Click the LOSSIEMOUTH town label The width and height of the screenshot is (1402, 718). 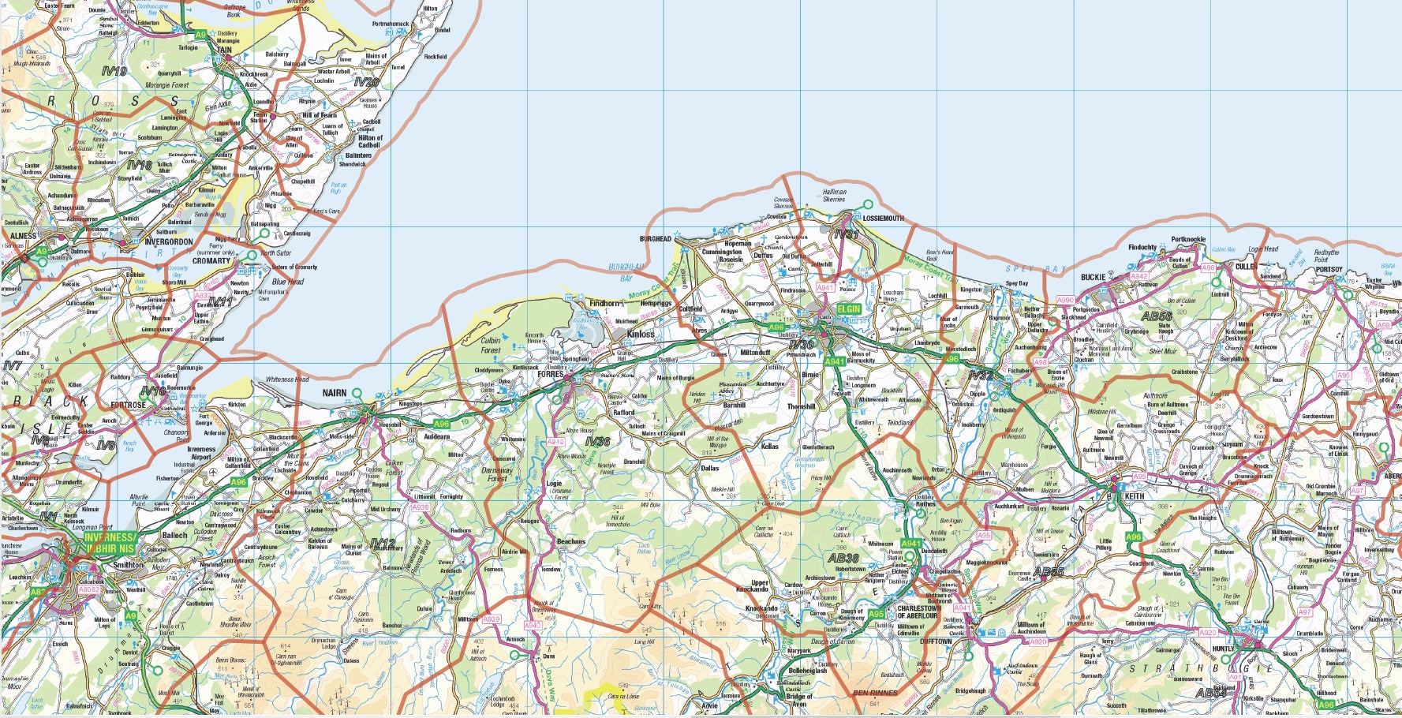tap(883, 218)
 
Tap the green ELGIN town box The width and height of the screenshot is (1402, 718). tap(849, 309)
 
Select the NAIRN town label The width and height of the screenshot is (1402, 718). tap(334, 393)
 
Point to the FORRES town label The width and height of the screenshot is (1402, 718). tap(550, 374)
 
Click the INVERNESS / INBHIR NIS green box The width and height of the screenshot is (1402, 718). tap(110, 543)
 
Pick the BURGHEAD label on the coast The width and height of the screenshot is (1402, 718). tap(655, 238)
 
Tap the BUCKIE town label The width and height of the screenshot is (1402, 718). tap(1093, 277)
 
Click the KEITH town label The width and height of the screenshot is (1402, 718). tap(1134, 496)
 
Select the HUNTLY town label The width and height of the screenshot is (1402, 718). tap(1223, 649)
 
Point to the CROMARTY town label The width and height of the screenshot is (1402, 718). tap(211, 260)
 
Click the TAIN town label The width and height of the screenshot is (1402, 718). tap(224, 50)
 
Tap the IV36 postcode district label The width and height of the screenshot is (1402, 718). tap(597, 441)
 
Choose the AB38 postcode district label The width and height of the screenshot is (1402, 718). tap(843, 558)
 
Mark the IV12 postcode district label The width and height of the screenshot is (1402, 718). tap(382, 543)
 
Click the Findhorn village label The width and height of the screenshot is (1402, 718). tap(604, 303)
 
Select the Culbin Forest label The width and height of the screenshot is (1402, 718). tap(490, 346)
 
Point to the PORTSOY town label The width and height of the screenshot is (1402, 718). tap(1329, 269)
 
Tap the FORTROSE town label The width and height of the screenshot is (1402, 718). tap(128, 405)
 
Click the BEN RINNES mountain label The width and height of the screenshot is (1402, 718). tap(875, 693)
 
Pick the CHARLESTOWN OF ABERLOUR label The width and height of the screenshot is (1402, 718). tap(918, 612)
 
